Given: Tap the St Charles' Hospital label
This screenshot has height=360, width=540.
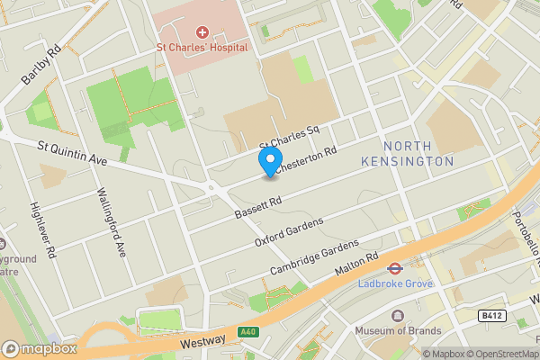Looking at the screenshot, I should pyautogui.click(x=202, y=48).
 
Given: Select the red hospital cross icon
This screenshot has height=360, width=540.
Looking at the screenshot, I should pyautogui.click(x=202, y=32).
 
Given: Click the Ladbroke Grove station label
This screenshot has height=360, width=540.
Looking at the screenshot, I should pyautogui.click(x=394, y=283).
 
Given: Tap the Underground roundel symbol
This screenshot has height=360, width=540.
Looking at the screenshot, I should pyautogui.click(x=394, y=268).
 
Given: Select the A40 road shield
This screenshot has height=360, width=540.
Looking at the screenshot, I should pyautogui.click(x=249, y=332).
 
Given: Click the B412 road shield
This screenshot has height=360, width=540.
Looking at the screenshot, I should pyautogui.click(x=490, y=315).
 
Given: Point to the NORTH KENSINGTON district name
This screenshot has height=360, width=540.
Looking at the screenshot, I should pyautogui.click(x=418, y=154).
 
